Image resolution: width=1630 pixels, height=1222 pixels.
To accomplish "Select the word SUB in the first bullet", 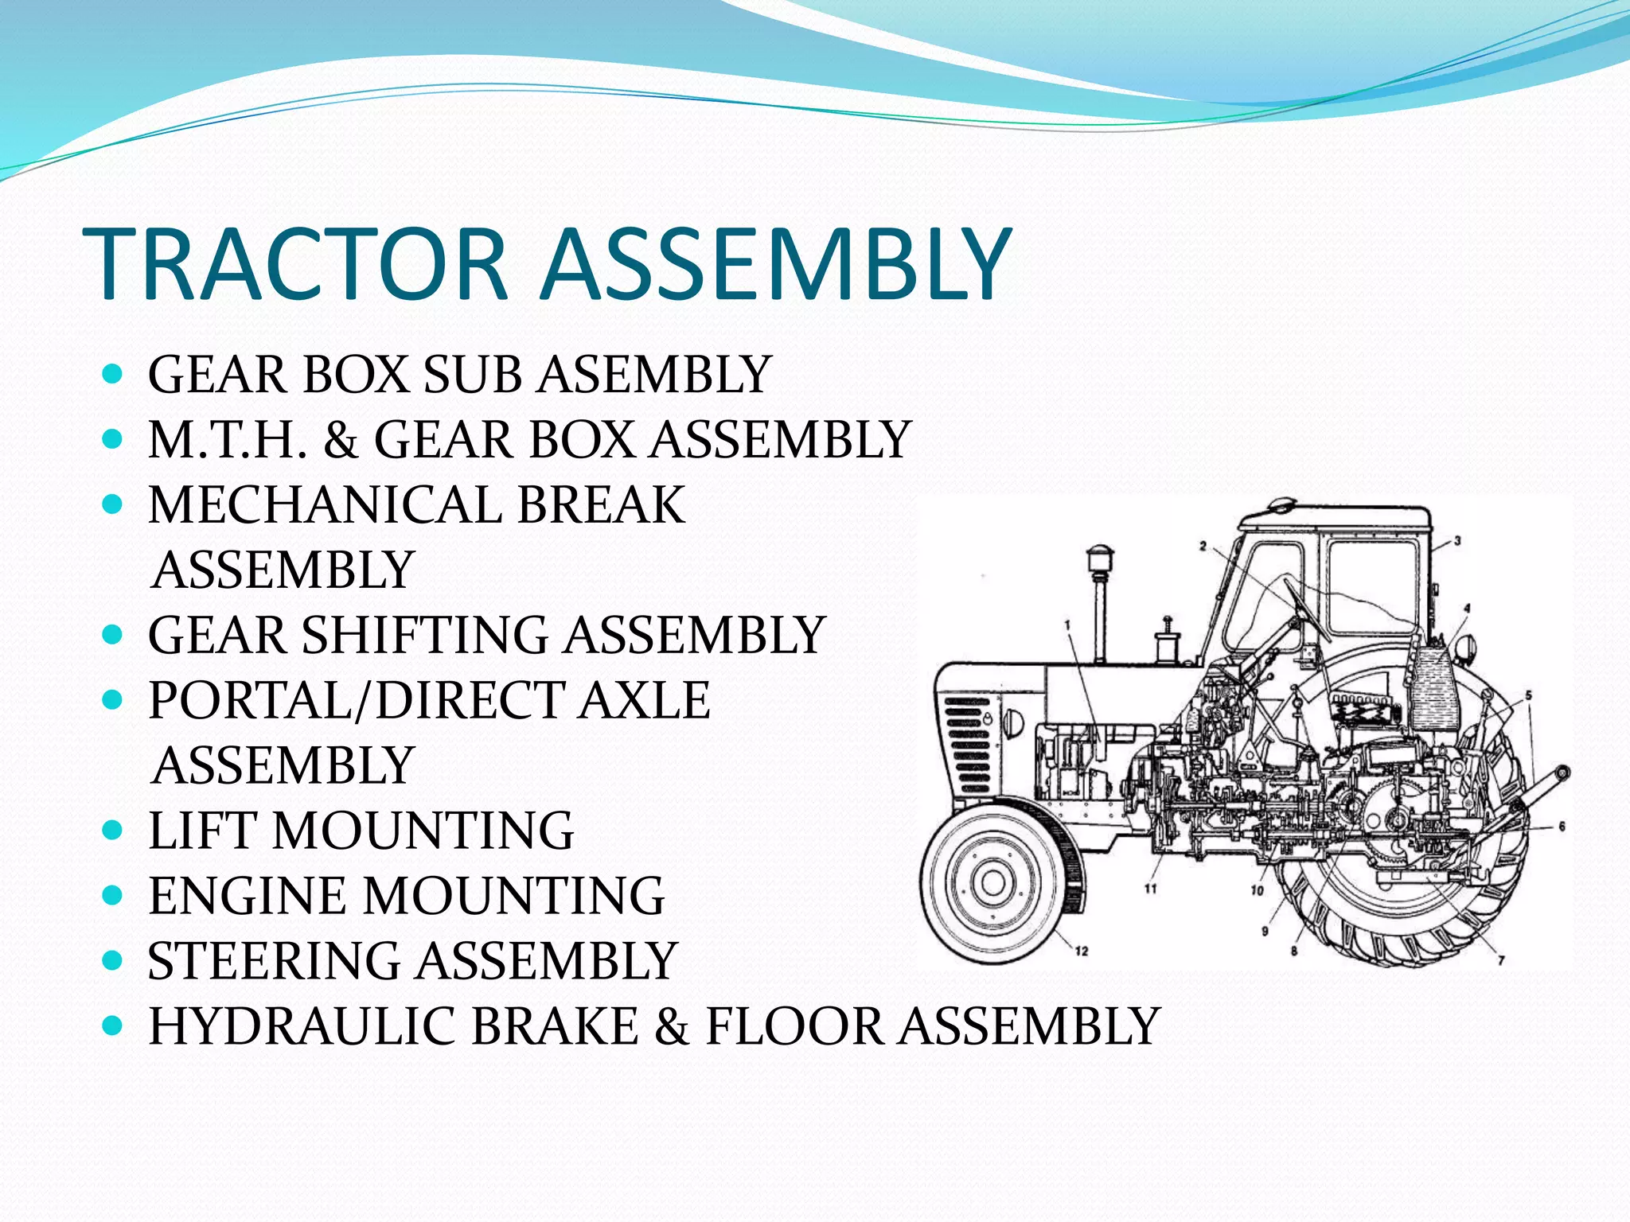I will [x=472, y=375].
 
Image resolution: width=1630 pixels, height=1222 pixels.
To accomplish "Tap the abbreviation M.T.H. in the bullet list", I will [x=228, y=440].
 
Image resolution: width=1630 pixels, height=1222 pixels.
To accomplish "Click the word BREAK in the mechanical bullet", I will [x=601, y=505].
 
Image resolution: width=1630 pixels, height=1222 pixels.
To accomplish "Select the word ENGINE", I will [x=247, y=897].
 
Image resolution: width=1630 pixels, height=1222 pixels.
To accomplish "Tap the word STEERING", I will [x=274, y=961].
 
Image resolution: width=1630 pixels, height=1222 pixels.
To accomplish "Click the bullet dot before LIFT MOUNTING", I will [x=113, y=831].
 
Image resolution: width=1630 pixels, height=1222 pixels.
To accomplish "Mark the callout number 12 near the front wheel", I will [x=1081, y=951].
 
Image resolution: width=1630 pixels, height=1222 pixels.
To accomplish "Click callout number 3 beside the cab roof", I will [x=1457, y=542].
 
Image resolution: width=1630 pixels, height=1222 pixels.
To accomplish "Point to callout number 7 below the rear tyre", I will [x=1501, y=961].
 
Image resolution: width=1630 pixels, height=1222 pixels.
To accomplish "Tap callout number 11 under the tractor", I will [x=1150, y=889].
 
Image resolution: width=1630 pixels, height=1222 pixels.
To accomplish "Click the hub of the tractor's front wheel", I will [x=992, y=882].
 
